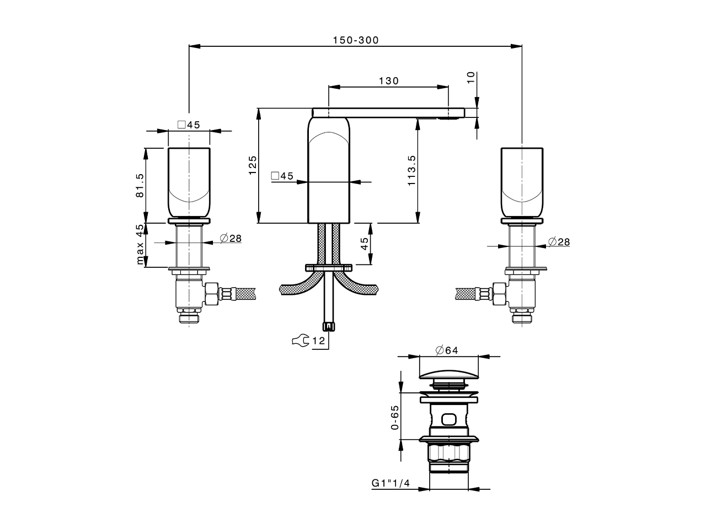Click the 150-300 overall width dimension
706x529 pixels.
click(356, 40)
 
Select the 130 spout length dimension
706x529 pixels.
click(388, 80)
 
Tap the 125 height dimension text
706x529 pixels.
click(253, 165)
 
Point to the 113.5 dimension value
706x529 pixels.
click(411, 170)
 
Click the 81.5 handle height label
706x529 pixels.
click(140, 185)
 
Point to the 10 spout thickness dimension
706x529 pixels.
click(470, 78)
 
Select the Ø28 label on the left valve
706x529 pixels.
click(230, 238)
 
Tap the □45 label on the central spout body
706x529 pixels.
click(282, 176)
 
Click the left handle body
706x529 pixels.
click(189, 182)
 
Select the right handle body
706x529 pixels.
click(522, 182)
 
